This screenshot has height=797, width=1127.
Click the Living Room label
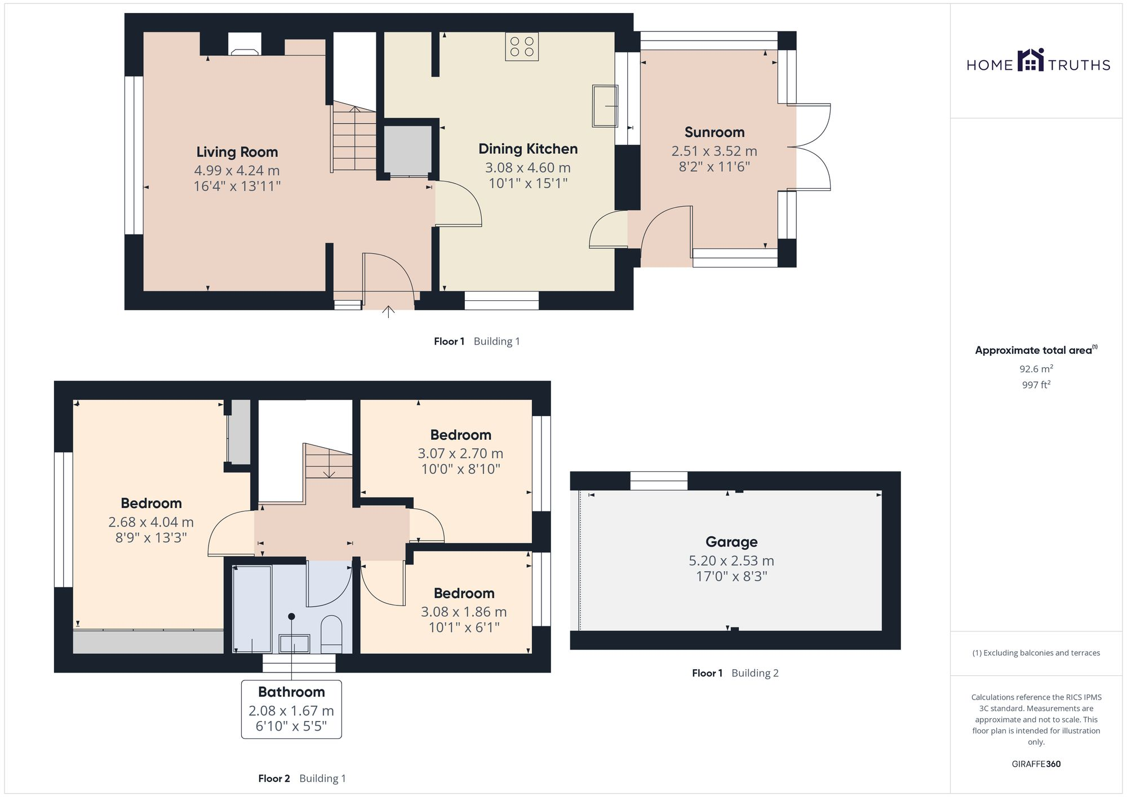point(237,152)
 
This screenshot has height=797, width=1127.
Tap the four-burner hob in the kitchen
point(522,47)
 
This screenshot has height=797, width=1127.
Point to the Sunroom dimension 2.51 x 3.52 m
point(714,151)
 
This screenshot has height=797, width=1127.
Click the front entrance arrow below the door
point(388,311)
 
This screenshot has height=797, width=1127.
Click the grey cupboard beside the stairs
point(407,150)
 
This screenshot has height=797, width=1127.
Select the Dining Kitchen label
point(528,149)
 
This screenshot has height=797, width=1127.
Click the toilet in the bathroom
point(331,633)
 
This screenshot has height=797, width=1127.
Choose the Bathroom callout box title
point(291,692)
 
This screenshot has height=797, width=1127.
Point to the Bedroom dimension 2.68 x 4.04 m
point(151,522)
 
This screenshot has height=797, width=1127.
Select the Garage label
point(731,542)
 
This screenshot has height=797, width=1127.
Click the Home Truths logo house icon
point(1031,60)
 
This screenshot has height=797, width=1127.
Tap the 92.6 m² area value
point(1036,369)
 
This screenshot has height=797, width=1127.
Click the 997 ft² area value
point(1036,385)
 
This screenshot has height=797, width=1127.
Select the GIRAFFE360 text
point(1036,764)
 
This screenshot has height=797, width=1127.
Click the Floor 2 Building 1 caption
point(302,778)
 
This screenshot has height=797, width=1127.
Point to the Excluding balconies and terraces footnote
point(1036,653)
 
